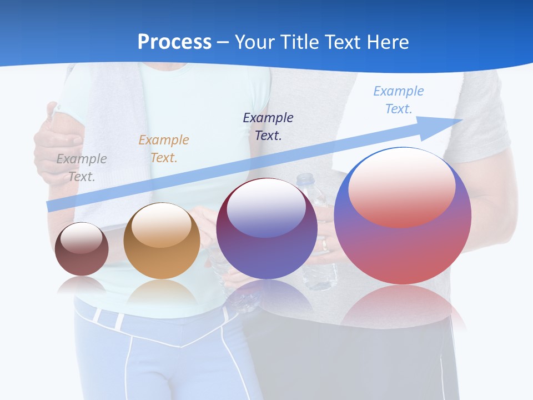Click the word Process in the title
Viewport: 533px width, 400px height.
(174, 42)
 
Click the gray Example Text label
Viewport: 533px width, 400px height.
(82, 168)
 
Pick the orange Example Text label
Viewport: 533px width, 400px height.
(164, 149)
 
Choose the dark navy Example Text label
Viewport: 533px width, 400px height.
(268, 126)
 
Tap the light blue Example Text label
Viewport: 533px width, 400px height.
(399, 100)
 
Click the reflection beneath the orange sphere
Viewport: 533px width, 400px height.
(162, 292)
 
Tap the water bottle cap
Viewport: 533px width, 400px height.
(305, 179)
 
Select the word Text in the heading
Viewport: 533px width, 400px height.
(342, 42)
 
